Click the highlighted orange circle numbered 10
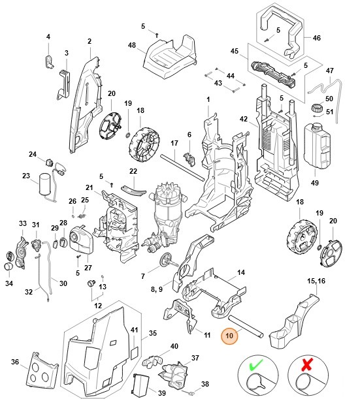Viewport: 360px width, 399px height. [229, 336]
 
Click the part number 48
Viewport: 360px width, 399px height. [132, 45]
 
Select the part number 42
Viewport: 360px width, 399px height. [243, 119]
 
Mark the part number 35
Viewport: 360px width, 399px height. [153, 333]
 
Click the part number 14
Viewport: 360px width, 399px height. [240, 272]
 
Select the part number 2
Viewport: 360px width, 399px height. [89, 42]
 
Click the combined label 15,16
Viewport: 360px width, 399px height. [316, 280]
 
